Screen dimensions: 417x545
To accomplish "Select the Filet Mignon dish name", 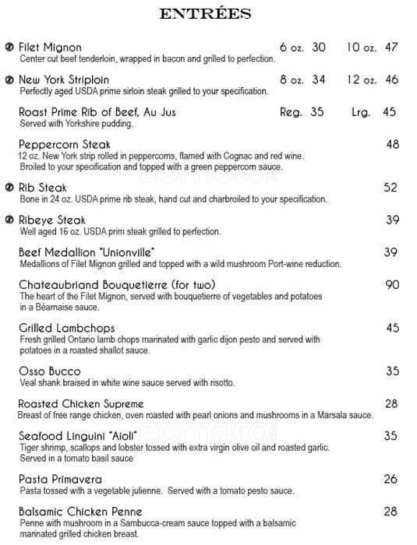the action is click(x=50, y=47).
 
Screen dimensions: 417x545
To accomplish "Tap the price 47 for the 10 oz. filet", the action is click(x=391, y=47).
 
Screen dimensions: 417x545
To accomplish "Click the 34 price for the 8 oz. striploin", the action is click(x=319, y=80).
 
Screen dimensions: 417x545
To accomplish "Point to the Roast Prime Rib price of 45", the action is click(x=390, y=112).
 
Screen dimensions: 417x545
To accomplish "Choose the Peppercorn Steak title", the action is click(x=65, y=145).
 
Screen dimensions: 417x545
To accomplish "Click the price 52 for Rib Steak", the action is click(x=390, y=188).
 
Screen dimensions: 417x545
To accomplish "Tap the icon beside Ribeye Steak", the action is click(x=9, y=220).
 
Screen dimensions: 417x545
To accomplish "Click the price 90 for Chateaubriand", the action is click(x=391, y=285).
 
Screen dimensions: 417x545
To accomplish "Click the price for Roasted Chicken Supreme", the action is click(x=391, y=404).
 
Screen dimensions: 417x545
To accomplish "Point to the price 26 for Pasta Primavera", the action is click(x=391, y=480).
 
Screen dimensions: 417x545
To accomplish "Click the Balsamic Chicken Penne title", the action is click(x=80, y=512).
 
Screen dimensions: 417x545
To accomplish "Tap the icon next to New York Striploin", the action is click(x=9, y=80).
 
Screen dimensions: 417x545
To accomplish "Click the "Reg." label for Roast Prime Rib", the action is click(x=291, y=112).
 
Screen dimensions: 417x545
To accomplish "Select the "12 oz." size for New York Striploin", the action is click(x=362, y=80).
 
